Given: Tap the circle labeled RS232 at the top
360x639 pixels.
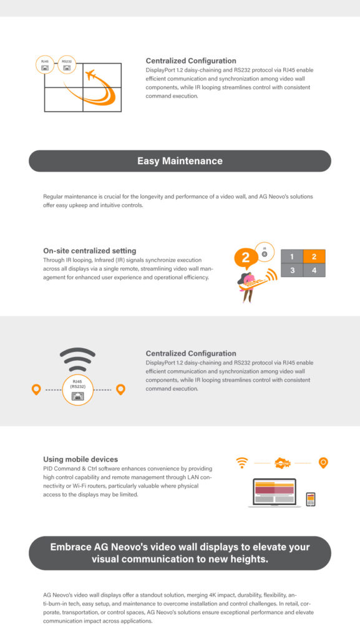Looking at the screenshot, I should pos(67,66).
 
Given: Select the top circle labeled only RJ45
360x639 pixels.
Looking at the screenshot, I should pos(45,66).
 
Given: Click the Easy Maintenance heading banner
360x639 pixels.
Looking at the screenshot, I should pos(180,161).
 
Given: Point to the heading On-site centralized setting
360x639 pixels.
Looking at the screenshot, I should pos(89,251).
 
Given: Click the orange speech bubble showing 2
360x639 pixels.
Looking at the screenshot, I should pos(246,256).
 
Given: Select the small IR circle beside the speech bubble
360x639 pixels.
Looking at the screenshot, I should pos(265,251).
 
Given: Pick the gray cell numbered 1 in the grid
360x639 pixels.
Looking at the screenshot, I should pos(291,256).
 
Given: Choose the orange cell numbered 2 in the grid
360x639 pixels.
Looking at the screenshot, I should pos(314,256).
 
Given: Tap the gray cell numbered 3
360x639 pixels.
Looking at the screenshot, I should pos(291,270).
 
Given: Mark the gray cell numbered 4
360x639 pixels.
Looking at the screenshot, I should pos(314,270).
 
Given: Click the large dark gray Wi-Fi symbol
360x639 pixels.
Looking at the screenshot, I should pos(78,358).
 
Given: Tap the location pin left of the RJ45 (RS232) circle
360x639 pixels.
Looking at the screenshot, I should pos(36,389).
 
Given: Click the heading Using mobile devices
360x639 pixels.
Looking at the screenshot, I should pos(80,459).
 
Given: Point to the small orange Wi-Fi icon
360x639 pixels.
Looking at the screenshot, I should pos(242,463).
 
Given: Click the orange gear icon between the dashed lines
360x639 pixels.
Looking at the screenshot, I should pos(283,463).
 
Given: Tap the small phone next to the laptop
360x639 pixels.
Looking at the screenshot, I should pos(310,499).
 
